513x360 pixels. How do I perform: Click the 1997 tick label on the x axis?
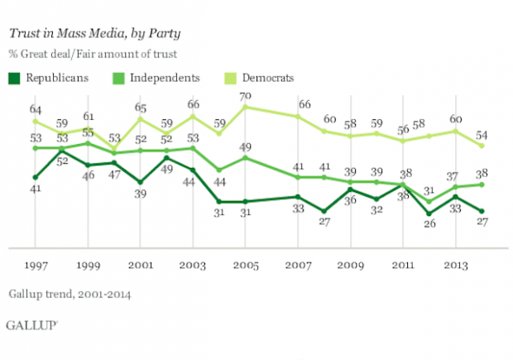(35, 266)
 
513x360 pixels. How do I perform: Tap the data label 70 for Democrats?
(245, 96)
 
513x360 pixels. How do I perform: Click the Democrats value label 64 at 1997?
(36, 109)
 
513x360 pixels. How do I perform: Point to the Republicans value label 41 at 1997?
(36, 190)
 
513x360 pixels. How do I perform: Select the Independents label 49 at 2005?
(246, 146)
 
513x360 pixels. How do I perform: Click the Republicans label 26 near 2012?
(429, 225)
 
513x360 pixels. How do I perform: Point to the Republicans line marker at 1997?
(35, 177)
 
